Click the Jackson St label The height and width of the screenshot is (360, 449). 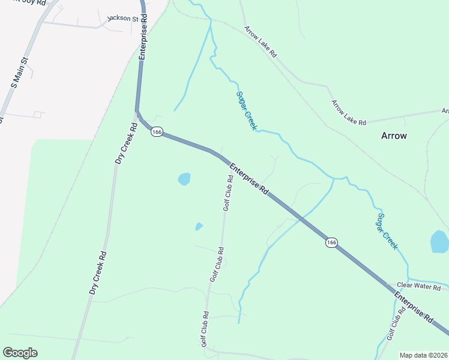tap(123, 19)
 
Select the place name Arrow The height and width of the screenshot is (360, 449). tap(394, 136)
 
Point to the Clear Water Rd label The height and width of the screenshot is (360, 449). tap(419, 287)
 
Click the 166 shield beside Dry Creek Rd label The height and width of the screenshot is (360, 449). tap(157, 132)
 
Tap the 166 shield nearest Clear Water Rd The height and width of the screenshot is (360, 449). tap(331, 242)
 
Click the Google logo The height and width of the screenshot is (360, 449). tap(20, 353)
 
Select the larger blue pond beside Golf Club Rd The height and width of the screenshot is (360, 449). tap(184, 179)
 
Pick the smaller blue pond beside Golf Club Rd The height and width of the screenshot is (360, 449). tap(199, 226)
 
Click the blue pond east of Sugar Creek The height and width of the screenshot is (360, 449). tap(440, 241)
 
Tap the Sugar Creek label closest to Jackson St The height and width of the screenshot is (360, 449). tap(246, 110)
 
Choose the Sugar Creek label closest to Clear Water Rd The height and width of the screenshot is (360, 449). tap(387, 231)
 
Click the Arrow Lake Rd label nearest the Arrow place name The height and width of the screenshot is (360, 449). tap(349, 112)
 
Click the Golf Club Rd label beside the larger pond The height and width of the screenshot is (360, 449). tap(229, 193)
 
